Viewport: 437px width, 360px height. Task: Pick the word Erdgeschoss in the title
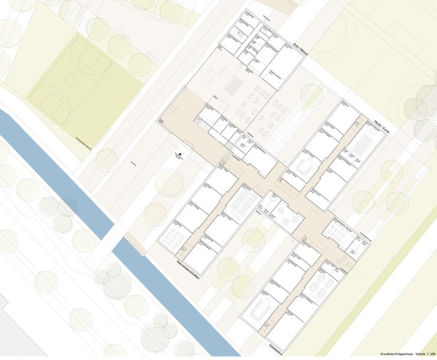tap(405, 353)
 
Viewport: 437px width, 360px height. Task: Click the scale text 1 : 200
tap(431, 353)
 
